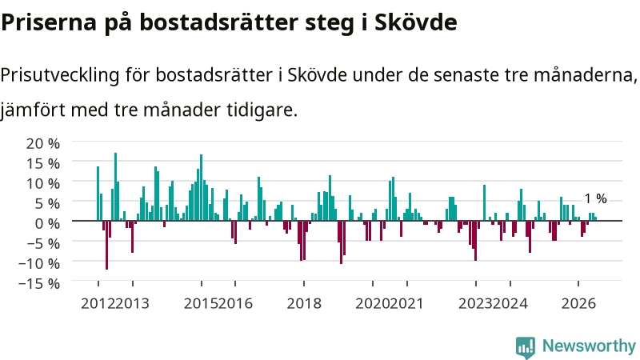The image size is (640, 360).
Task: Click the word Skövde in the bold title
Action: click(415, 22)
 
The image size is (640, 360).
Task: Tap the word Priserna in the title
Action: click(48, 22)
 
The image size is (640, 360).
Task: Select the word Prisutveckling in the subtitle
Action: click(60, 75)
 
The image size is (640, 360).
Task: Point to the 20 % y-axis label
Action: click(43, 143)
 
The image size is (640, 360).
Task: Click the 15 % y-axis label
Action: click(43, 163)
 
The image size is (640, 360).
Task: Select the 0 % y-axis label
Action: click(47, 223)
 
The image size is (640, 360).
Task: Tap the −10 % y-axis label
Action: click(39, 263)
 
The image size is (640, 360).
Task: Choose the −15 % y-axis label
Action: click(39, 283)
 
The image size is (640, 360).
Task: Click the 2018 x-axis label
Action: click(304, 304)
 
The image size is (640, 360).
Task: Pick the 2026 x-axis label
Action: click(578, 304)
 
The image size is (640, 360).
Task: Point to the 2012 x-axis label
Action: click(98, 304)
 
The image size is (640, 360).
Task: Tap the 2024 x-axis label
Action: click(510, 304)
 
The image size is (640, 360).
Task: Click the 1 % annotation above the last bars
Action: click(595, 198)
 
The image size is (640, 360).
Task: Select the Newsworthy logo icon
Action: click(526, 347)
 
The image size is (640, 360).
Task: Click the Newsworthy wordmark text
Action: click(589, 346)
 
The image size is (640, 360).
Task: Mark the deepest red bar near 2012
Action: click(107, 245)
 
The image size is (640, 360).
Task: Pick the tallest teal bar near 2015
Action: click(202, 187)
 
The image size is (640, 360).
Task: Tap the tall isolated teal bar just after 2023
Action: click(484, 202)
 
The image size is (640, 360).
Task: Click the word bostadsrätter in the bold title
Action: click(219, 22)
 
